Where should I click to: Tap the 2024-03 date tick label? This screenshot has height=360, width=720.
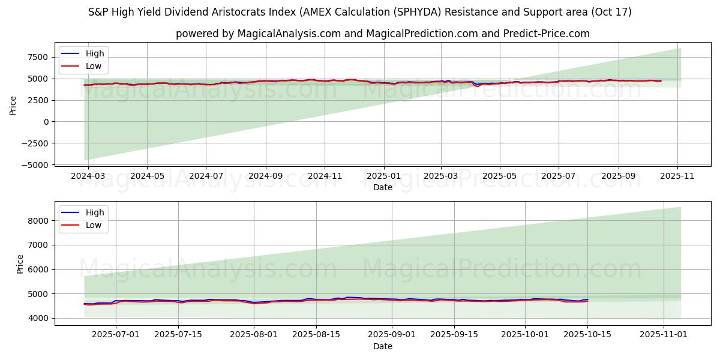[x=88, y=176]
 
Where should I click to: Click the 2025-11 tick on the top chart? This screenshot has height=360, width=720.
[x=677, y=176]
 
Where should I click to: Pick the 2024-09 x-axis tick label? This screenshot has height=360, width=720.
[x=265, y=176]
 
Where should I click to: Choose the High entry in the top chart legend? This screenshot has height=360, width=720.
[x=95, y=54]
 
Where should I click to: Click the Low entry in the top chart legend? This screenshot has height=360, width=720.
[x=94, y=66]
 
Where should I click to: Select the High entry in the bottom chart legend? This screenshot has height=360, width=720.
[x=95, y=212]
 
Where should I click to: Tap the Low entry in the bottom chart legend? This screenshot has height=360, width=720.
[x=94, y=225]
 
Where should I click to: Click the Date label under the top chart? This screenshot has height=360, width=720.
[x=383, y=187]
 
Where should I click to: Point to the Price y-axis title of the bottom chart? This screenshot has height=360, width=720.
[x=20, y=264]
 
